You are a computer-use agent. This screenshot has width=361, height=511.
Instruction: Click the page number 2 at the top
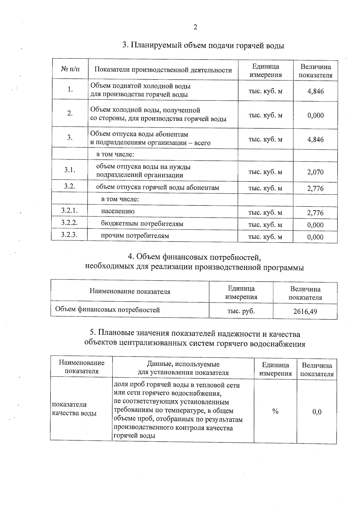tap(195, 27)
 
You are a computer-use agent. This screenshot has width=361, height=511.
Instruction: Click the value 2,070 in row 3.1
tap(315, 172)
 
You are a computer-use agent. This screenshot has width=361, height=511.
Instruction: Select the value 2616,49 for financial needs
tap(305, 311)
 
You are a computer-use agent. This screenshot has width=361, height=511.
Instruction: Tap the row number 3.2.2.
tap(69, 223)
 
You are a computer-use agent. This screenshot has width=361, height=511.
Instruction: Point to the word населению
tap(118, 211)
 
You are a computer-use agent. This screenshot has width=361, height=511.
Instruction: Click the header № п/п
tap(70, 69)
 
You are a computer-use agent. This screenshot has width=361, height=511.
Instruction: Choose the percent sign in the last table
tap(275, 411)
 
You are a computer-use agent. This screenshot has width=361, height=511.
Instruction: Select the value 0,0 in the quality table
tap(317, 412)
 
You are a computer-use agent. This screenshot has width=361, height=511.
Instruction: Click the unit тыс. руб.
tap(241, 311)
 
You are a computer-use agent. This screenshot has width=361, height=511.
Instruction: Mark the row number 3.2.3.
tap(69, 235)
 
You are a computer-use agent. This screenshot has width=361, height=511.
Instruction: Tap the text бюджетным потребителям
tap(142, 224)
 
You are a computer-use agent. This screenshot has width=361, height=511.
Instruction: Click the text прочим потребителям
tap(135, 236)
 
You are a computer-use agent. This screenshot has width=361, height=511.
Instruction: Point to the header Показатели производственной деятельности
tap(163, 70)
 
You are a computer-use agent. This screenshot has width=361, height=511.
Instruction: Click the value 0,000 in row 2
tap(315, 115)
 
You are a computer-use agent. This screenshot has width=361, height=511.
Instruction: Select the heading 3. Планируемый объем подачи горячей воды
tap(203, 45)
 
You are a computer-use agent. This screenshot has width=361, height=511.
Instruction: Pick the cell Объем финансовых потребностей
tap(107, 310)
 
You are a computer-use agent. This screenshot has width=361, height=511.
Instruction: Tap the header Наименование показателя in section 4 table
tap(130, 291)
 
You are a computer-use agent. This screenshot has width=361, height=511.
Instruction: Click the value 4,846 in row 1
tap(315, 91)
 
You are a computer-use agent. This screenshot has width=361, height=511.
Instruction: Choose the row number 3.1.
tap(69, 170)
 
